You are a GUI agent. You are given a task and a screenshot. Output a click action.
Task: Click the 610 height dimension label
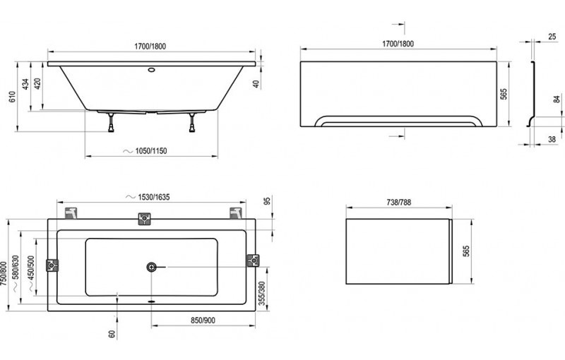point(12,97)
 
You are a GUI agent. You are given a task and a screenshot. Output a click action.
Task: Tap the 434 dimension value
point(26,84)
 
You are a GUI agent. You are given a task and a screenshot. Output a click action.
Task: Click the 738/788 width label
point(399,203)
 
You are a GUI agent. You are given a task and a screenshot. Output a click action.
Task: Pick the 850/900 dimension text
point(203,320)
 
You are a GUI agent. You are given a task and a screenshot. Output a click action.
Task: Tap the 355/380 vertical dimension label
point(262,294)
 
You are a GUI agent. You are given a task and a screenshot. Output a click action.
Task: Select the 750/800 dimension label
point(4,274)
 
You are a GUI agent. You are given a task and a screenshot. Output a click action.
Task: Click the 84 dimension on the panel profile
point(557,100)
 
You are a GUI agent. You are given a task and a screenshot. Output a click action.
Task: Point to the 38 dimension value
point(552,139)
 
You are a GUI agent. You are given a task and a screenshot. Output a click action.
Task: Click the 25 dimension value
point(552,37)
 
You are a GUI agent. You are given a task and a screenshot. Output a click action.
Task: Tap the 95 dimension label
point(267,201)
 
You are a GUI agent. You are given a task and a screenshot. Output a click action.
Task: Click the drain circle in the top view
point(151,267)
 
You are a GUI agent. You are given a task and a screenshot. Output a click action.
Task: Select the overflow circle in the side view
point(151,69)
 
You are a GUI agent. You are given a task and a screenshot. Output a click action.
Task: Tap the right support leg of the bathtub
point(192,122)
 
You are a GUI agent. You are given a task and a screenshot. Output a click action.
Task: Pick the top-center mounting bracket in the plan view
point(145,219)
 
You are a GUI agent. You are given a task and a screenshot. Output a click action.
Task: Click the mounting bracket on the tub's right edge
point(253,260)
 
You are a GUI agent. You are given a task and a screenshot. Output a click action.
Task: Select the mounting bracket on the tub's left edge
point(52,265)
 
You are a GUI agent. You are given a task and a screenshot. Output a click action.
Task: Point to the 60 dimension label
point(112,334)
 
